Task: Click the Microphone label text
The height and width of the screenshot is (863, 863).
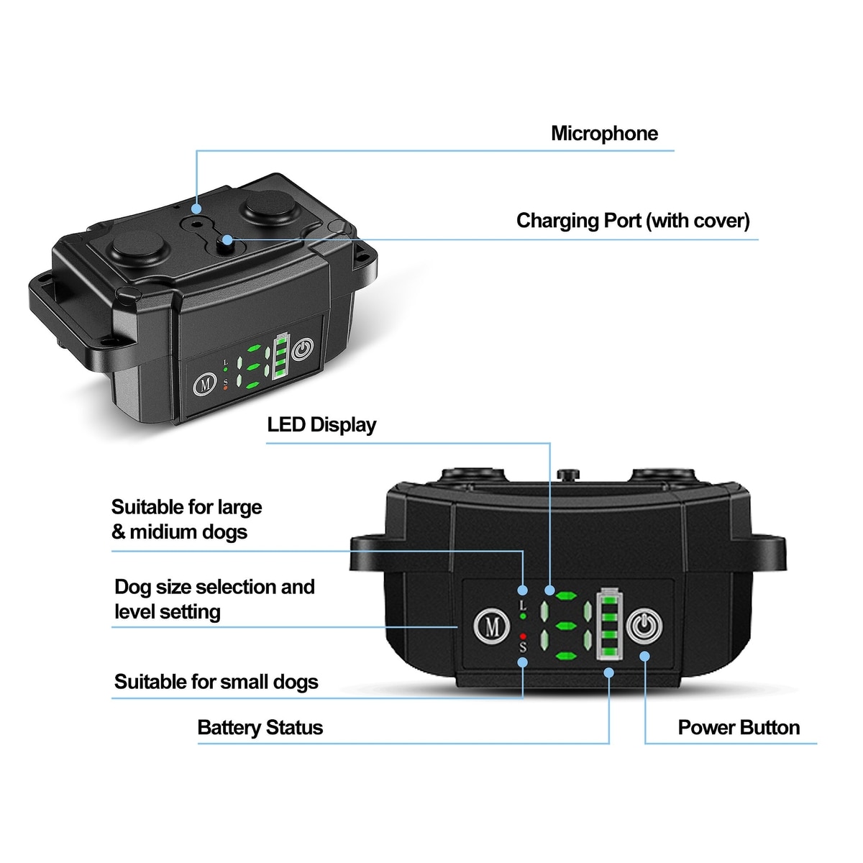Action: [604, 134]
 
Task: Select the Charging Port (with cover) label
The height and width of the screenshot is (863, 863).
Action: [633, 221]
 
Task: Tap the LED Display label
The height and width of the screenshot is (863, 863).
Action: [321, 425]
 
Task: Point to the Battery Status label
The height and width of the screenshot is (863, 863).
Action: [260, 728]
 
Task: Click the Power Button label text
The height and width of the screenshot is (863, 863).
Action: [739, 728]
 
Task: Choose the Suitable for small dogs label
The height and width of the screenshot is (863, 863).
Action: [216, 682]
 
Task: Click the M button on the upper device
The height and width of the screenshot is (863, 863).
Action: [205, 384]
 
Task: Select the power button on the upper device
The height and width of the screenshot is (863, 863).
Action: [303, 350]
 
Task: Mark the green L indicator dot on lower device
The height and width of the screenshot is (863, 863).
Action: [523, 616]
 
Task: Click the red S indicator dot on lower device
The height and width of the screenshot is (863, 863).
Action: [523, 636]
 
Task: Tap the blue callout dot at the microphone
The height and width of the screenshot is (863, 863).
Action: [196, 209]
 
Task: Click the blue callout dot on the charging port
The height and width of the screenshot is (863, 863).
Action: [227, 239]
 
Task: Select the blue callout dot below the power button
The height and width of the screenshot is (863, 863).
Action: [644, 657]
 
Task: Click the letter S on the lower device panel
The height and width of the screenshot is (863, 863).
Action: [523, 647]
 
